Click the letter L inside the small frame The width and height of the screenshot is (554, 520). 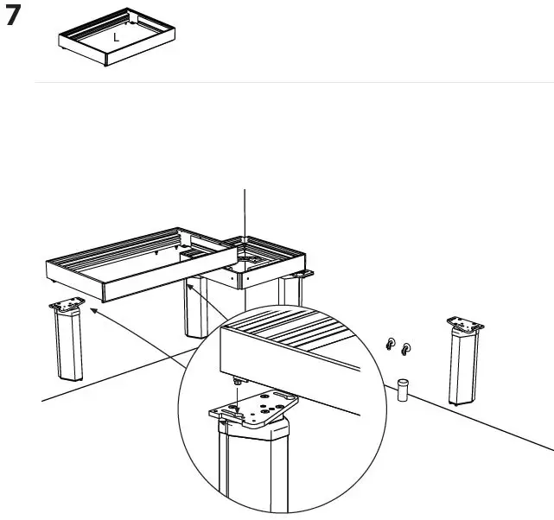click(x=117, y=37)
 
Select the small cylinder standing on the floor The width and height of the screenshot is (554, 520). click(x=401, y=390)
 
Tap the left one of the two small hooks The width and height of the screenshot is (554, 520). click(x=391, y=346)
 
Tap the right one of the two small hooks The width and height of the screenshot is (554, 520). click(x=405, y=348)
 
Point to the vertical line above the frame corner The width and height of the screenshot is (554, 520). click(x=245, y=212)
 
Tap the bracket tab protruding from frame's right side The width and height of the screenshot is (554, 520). click(x=303, y=275)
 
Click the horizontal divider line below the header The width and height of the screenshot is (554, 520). click(x=294, y=83)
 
